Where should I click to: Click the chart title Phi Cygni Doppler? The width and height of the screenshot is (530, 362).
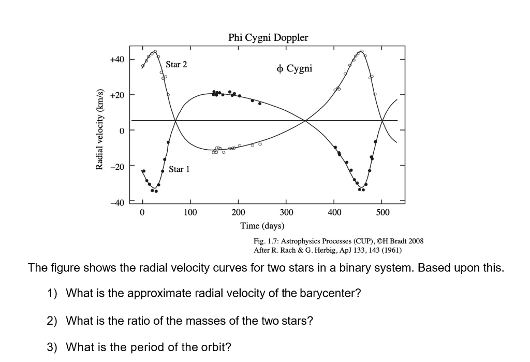(268, 38)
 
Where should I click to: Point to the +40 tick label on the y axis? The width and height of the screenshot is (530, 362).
(117, 60)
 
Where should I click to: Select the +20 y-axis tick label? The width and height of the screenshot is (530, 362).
(117, 95)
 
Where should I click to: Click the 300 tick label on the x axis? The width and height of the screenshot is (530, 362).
(286, 213)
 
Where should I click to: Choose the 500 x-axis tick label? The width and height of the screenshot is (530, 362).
(382, 213)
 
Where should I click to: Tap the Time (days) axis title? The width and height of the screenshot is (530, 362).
(262, 226)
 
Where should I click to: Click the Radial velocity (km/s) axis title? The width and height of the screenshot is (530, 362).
(99, 131)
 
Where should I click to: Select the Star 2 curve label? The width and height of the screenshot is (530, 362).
(176, 65)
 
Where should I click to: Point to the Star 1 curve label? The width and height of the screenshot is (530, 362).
(180, 169)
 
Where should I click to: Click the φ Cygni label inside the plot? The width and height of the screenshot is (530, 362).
(295, 68)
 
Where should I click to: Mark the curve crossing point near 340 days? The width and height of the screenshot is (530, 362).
(306, 121)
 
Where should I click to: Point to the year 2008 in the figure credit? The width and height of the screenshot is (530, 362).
(415, 241)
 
